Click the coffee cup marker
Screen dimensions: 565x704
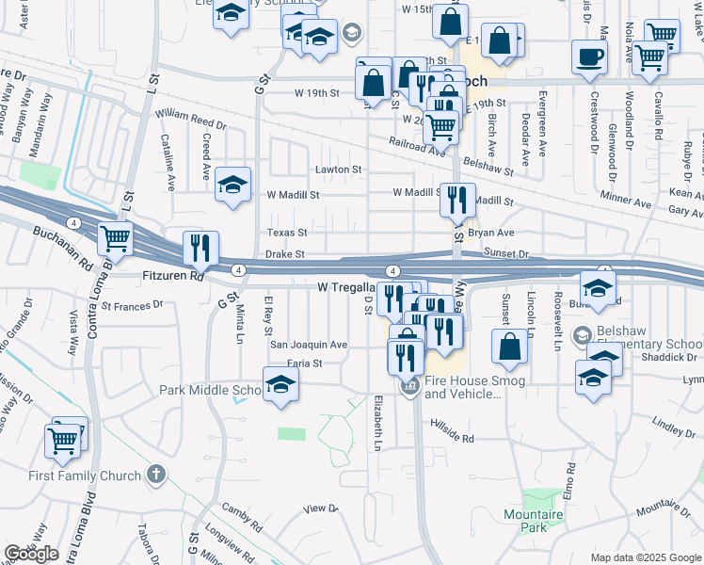pos(589,56)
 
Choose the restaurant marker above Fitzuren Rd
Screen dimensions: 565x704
pos(200,248)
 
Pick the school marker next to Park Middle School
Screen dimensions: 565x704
pos(280,385)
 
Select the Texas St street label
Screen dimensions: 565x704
pos(287,232)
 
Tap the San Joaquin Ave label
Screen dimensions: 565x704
pos(310,345)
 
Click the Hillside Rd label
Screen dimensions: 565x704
pos(452,439)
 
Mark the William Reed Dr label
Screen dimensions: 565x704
pos(191,119)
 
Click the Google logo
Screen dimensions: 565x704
pos(32,553)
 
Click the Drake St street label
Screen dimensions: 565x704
pos(285,254)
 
